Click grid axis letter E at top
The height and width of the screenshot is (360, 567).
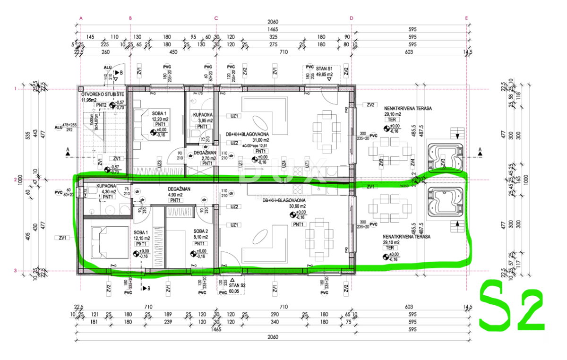point(466,18)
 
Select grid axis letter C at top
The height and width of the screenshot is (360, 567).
point(216,18)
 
